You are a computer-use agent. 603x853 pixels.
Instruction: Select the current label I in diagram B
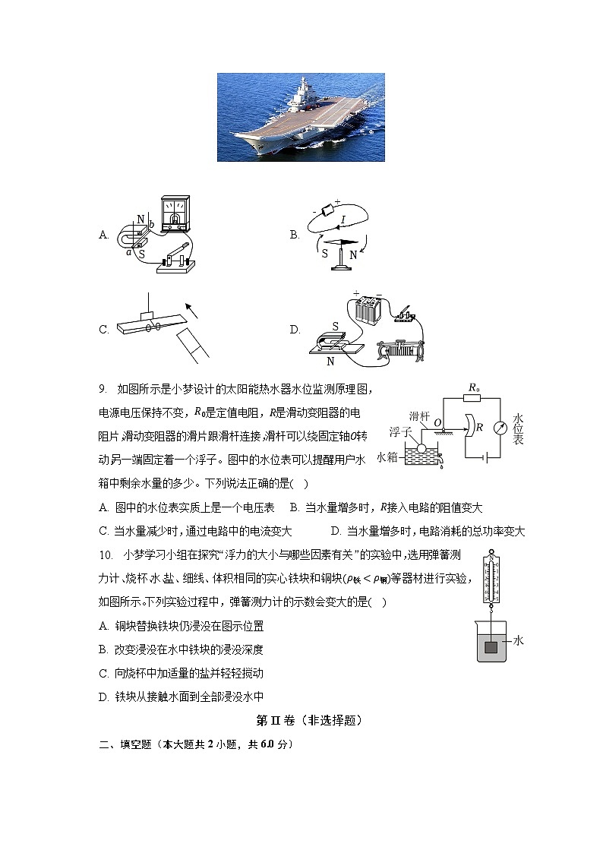(x=343, y=220)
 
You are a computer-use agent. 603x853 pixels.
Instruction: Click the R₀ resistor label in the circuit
(x=473, y=388)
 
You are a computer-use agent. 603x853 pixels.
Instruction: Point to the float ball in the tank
(x=422, y=449)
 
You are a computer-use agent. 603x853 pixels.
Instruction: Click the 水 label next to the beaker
(x=519, y=641)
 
